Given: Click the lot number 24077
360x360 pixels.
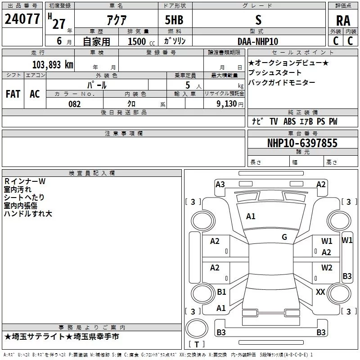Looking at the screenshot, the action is [x=22, y=19].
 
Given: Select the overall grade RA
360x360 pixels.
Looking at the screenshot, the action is [x=343, y=20].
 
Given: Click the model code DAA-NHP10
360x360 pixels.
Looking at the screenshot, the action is [x=258, y=41].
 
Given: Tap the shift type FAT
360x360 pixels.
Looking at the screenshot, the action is [x=13, y=94].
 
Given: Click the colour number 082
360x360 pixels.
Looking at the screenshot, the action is [x=74, y=104].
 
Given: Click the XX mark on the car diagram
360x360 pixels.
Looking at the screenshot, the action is [x=320, y=292].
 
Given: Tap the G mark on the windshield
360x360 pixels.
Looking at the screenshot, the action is [x=284, y=237].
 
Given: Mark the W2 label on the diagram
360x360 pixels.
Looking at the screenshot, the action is [x=327, y=268].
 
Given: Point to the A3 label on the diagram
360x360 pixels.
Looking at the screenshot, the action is [x=220, y=184].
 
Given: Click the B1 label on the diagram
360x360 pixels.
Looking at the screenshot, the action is [x=221, y=292].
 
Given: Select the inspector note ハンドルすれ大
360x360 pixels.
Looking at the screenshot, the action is [x=28, y=214].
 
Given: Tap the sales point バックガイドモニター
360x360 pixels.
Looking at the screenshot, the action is [x=282, y=82].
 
